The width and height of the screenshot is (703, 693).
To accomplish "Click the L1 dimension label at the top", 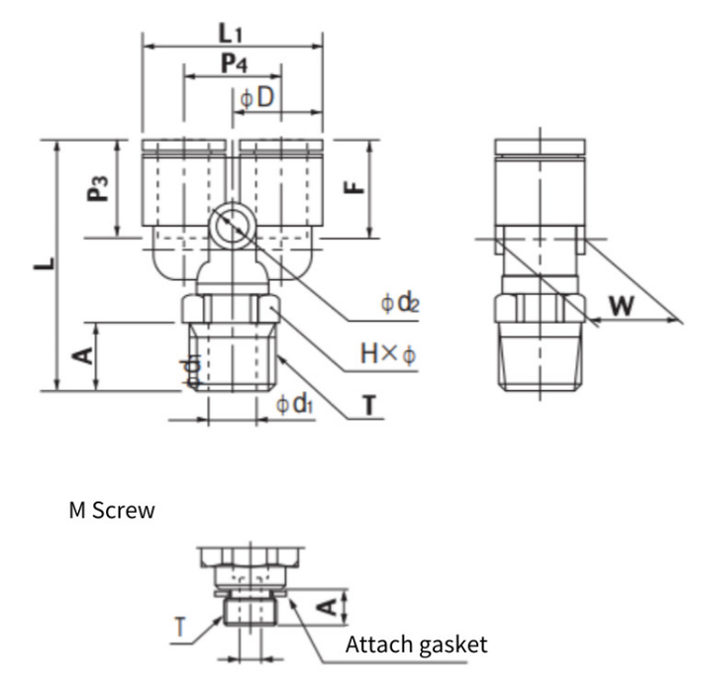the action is pyautogui.click(x=230, y=34).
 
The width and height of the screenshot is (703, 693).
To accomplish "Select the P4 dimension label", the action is pyautogui.click(x=234, y=63).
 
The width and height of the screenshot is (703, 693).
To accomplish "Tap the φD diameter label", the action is pyautogui.click(x=256, y=97).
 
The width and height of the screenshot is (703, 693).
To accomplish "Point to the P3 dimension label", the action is pyautogui.click(x=97, y=188).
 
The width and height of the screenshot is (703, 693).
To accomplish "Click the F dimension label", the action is pyautogui.click(x=354, y=187).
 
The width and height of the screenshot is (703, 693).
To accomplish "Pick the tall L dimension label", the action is pyautogui.click(x=45, y=263).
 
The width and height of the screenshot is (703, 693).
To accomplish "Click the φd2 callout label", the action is pyautogui.click(x=400, y=303).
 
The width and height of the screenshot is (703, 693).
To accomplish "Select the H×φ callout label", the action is pyautogui.click(x=388, y=353).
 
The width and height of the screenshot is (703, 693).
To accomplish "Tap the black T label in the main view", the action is pyautogui.click(x=369, y=405).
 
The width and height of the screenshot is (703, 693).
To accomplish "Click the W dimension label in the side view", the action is pyautogui.click(x=622, y=306).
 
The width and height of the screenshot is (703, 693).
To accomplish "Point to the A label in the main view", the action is pyautogui.click(x=83, y=356).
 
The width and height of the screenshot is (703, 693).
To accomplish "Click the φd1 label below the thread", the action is pyautogui.click(x=294, y=404).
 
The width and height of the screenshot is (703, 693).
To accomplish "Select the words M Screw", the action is pyautogui.click(x=112, y=510).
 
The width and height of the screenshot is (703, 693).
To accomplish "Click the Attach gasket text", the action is pyautogui.click(x=416, y=645).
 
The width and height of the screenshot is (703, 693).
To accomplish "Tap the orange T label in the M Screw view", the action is pyautogui.click(x=180, y=627).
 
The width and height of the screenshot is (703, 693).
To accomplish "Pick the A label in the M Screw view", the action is pyautogui.click(x=328, y=607).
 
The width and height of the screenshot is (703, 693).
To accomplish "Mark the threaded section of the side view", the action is pyautogui.click(x=541, y=356).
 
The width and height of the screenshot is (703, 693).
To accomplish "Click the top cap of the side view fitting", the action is pyautogui.click(x=540, y=148).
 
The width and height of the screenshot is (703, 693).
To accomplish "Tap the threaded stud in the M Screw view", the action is pyautogui.click(x=251, y=611).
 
